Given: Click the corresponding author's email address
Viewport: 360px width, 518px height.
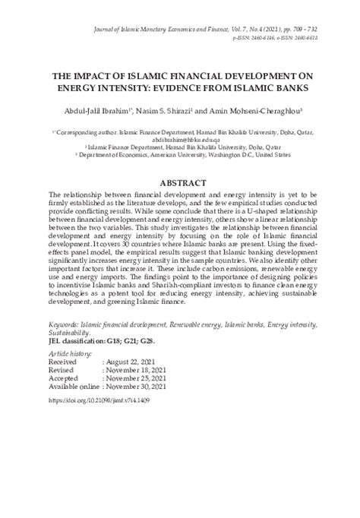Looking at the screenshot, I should [180, 139].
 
